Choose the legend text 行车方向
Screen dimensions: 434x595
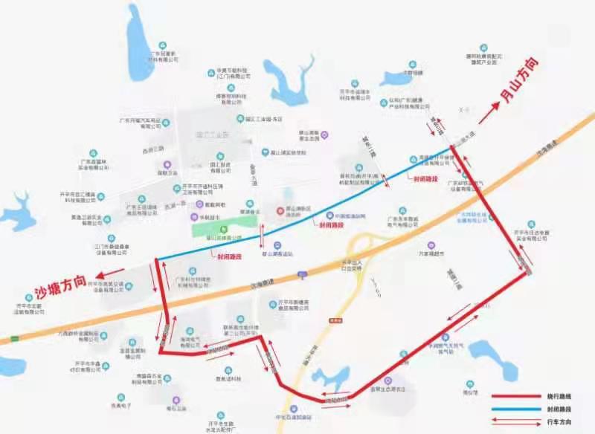pos(553,421)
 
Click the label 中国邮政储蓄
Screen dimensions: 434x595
pos(350,216)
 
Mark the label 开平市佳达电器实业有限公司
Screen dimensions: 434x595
pos(531,236)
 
